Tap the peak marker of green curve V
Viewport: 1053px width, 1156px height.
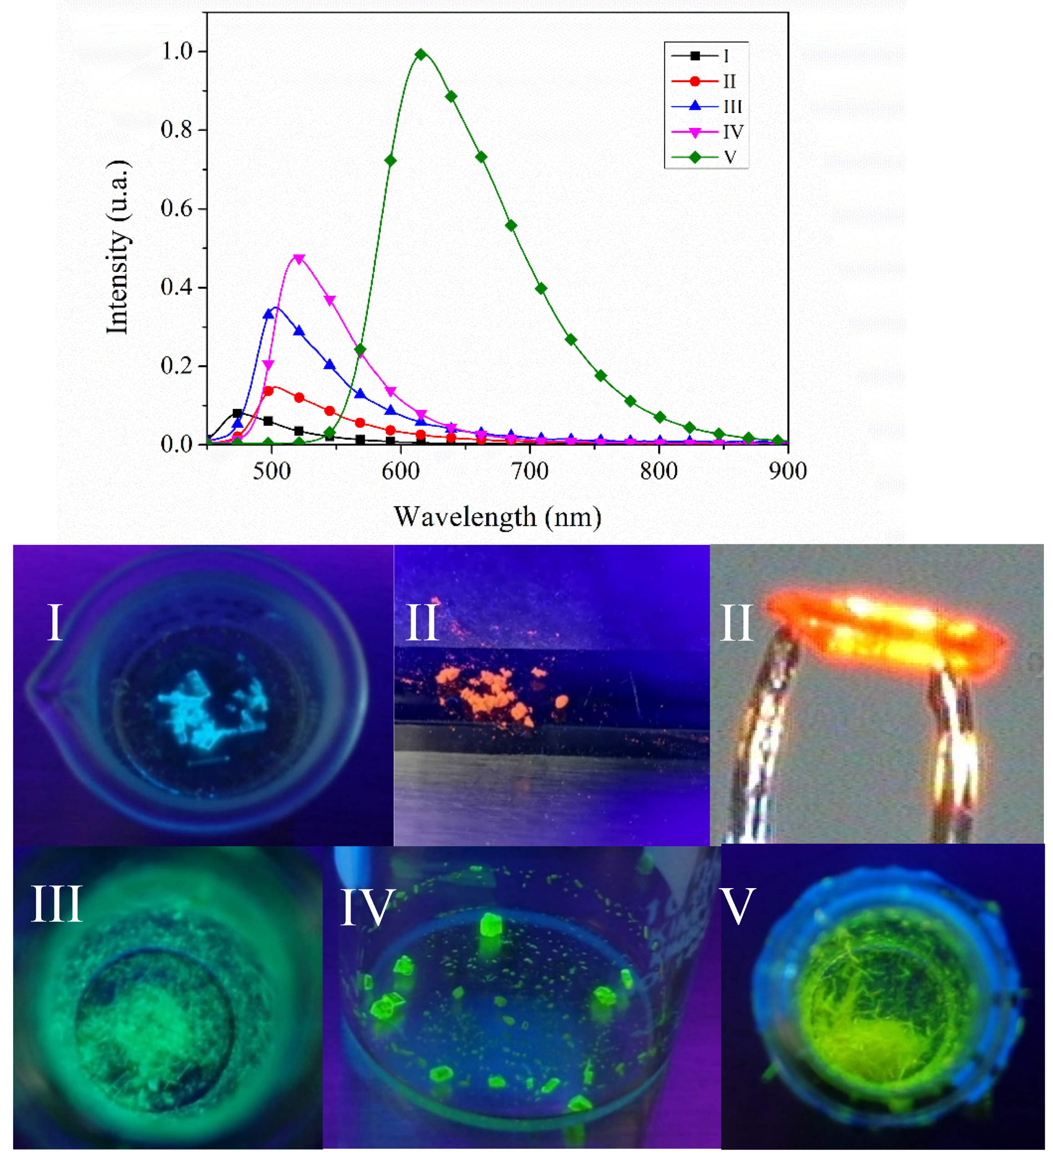421,55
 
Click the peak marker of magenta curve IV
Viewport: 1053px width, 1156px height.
299,259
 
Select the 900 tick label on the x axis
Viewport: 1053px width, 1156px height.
788,471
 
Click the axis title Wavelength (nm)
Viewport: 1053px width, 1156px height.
497,517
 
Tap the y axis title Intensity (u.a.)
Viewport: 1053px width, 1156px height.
117,246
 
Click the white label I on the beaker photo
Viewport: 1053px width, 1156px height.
55,623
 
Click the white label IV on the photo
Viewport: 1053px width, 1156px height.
367,908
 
